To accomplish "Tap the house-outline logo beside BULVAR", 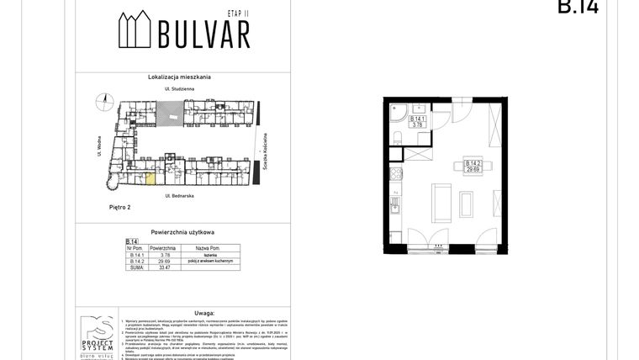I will tap(135, 30).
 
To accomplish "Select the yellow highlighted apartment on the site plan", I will tap(151, 177).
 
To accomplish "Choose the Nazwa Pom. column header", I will tap(207, 249).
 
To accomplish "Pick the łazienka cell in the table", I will tap(207, 255).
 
